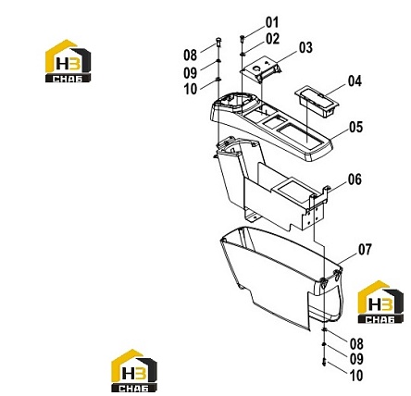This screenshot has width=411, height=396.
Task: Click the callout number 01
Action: tap(272, 22)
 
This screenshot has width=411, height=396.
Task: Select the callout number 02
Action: tap(273, 39)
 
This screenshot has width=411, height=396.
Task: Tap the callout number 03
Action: tap(305, 48)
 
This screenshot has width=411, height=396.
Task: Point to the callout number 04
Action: tap(355, 81)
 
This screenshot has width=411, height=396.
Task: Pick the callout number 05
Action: tap(356, 127)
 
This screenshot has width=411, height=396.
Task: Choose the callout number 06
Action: tap(355, 179)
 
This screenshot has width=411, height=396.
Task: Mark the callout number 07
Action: tap(365, 250)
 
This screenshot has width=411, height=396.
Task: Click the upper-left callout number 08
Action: tap(190, 56)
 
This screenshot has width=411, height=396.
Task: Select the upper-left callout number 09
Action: tap(190, 73)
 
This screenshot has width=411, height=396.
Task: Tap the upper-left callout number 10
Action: tap(191, 90)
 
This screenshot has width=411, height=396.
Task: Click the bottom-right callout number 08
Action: tap(356, 344)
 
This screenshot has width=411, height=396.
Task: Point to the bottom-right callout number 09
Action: tap(356, 359)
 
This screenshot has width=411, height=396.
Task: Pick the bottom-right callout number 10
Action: tap(356, 376)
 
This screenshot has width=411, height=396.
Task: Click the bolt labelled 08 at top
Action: tap(218, 42)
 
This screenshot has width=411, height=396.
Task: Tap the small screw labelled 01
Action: tap(243, 38)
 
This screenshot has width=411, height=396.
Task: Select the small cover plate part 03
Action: tap(260, 68)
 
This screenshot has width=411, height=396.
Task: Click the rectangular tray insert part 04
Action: tap(317, 101)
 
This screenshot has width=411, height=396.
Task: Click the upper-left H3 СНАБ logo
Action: tap(68, 61)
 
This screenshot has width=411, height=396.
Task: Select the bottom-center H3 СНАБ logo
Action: tap(134, 370)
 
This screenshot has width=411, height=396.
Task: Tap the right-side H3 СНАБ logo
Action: tap(380, 302)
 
